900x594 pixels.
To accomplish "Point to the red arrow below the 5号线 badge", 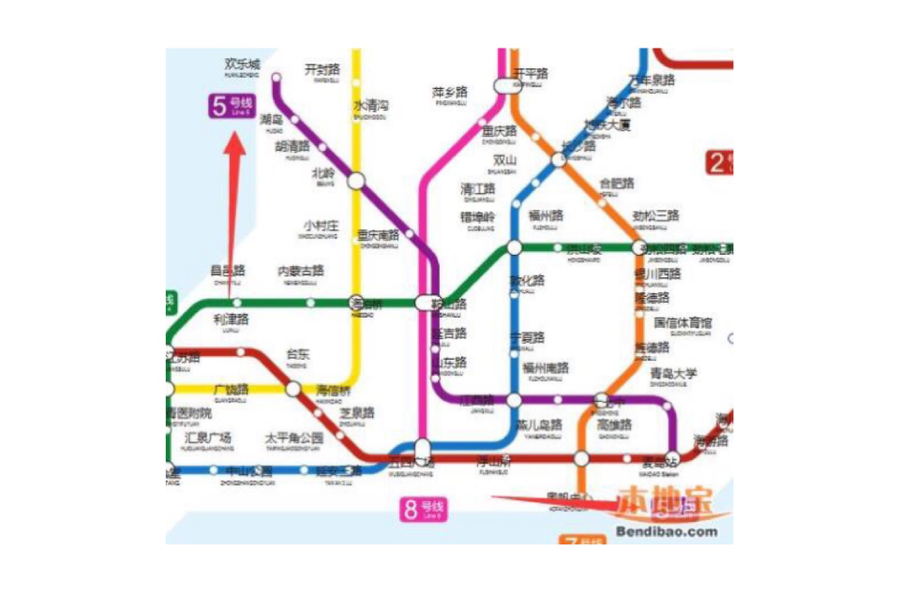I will click(x=233, y=187).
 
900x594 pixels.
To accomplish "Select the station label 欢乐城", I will click(x=242, y=65).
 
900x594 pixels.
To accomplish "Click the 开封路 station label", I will click(x=322, y=69).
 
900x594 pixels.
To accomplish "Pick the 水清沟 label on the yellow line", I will click(x=370, y=106).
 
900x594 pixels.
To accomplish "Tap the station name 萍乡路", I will click(x=450, y=93).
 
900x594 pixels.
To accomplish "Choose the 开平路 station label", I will click(x=531, y=73).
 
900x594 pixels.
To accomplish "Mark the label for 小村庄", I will click(x=321, y=226).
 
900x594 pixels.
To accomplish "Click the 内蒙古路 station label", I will click(x=301, y=271).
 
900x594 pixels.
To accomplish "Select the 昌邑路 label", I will click(x=228, y=271).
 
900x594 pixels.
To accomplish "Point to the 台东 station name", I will click(x=297, y=354).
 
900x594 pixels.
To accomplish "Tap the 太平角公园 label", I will click(x=293, y=438).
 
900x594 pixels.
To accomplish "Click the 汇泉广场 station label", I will click(x=208, y=438).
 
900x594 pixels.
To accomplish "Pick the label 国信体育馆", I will click(x=682, y=323).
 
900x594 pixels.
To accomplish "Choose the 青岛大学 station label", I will click(x=674, y=374).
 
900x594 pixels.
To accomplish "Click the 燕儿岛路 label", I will click(x=539, y=424).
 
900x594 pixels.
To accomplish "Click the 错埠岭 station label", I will click(x=477, y=217).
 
